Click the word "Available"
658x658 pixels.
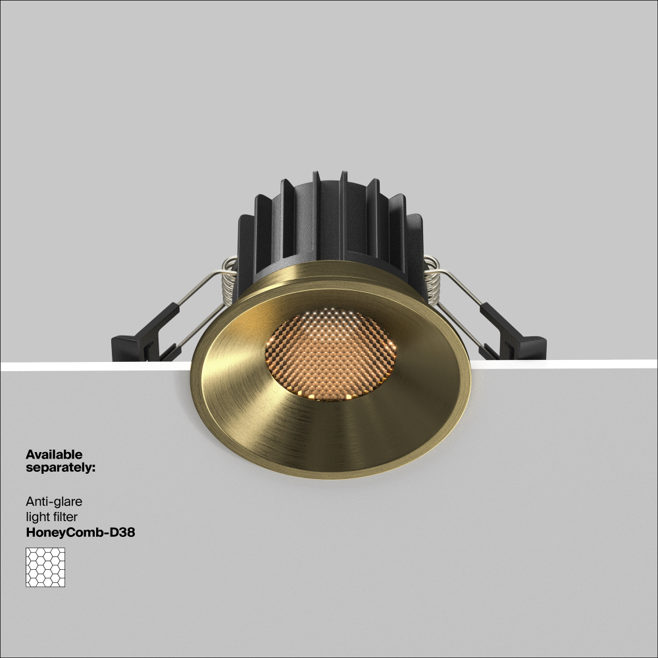point(54,454)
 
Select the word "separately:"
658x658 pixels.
point(61,468)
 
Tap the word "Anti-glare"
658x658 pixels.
point(53,502)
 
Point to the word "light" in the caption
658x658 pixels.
point(37,517)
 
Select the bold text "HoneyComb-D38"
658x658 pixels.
point(80,533)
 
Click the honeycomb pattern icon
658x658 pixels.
point(46,567)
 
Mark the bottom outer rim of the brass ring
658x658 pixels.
point(331,476)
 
